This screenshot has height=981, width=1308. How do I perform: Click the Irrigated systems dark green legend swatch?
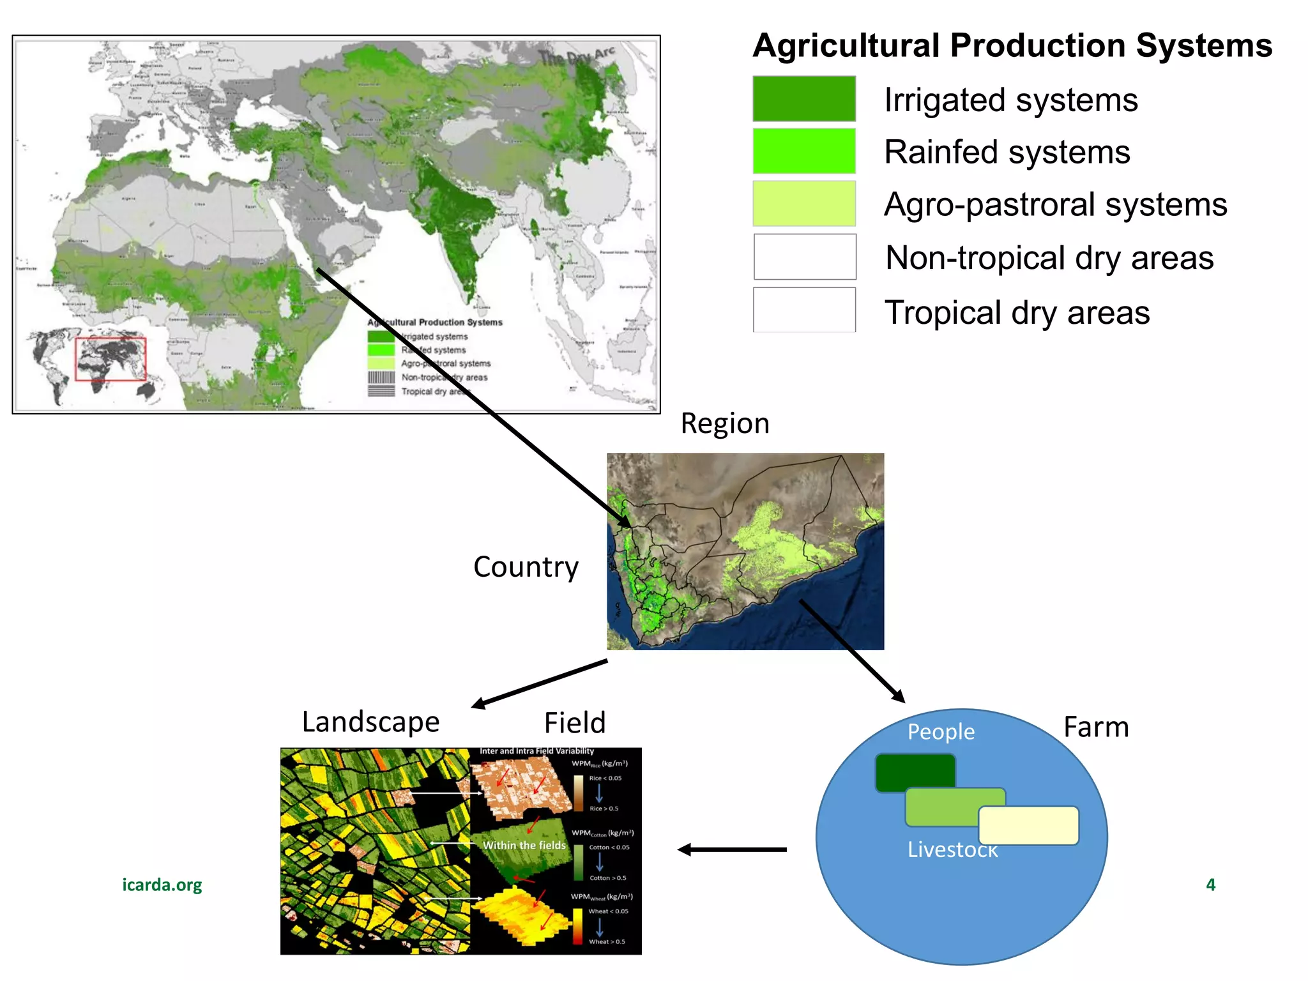click(x=804, y=98)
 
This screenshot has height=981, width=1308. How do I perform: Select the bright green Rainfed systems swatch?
click(x=804, y=151)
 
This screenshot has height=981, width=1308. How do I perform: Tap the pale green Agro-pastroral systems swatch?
click(x=804, y=203)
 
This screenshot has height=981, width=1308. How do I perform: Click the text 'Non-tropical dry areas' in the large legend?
click(x=1049, y=258)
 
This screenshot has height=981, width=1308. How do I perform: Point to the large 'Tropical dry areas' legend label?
click(x=1017, y=313)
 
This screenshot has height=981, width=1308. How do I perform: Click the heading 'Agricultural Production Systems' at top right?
click(x=1012, y=46)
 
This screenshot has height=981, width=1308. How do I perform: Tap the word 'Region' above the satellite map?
click(x=725, y=423)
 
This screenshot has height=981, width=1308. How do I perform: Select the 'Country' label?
click(x=526, y=567)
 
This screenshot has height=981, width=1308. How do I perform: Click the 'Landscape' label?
click(x=370, y=722)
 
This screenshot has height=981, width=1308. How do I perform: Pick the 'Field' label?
click(x=575, y=723)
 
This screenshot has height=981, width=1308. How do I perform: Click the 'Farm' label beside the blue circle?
click(x=1096, y=727)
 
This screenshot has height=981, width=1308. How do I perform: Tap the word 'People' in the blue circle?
click(x=941, y=732)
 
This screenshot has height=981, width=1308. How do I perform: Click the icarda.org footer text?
click(x=162, y=885)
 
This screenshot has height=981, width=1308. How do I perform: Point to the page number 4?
click(x=1210, y=885)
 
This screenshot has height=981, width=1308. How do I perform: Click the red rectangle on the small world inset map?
click(x=110, y=359)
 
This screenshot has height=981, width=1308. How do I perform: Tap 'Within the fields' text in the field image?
click(x=524, y=845)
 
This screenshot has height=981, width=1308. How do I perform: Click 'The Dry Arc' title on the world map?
click(x=576, y=56)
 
